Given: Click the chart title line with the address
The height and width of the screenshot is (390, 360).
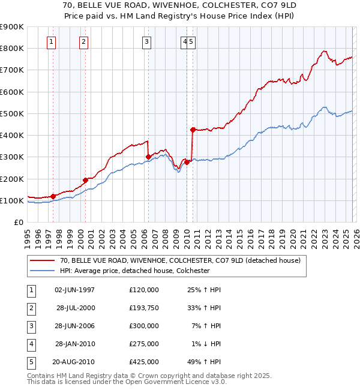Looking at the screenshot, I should click(180, 4).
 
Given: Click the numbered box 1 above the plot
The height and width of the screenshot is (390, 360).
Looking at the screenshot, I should click(52, 41).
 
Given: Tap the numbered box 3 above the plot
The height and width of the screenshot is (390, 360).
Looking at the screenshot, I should click(146, 41).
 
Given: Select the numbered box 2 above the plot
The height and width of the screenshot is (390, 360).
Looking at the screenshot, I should click(83, 41).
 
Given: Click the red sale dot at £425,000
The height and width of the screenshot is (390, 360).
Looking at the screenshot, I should click(193, 130).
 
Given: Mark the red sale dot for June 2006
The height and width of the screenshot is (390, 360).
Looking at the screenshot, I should click(148, 157).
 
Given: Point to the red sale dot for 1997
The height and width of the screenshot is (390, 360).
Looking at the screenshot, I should click(53, 196).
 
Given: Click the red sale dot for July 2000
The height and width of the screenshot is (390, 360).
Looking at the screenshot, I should click(86, 180).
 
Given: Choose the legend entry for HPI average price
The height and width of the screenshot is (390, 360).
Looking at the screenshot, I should click(134, 271).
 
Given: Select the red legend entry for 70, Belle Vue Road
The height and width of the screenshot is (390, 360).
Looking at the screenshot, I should click(175, 260).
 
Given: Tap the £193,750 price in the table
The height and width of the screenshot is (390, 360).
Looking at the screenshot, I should click(144, 308).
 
